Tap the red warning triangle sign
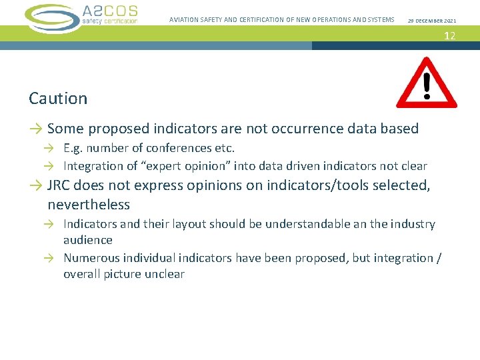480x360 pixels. click(427, 84)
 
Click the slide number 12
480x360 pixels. click(450, 35)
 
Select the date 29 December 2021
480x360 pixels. click(432, 21)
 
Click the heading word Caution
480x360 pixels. click(58, 99)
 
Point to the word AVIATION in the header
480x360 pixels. click(183, 20)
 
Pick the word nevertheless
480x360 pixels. click(89, 204)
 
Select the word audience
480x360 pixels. click(88, 240)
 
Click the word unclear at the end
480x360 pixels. click(162, 274)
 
